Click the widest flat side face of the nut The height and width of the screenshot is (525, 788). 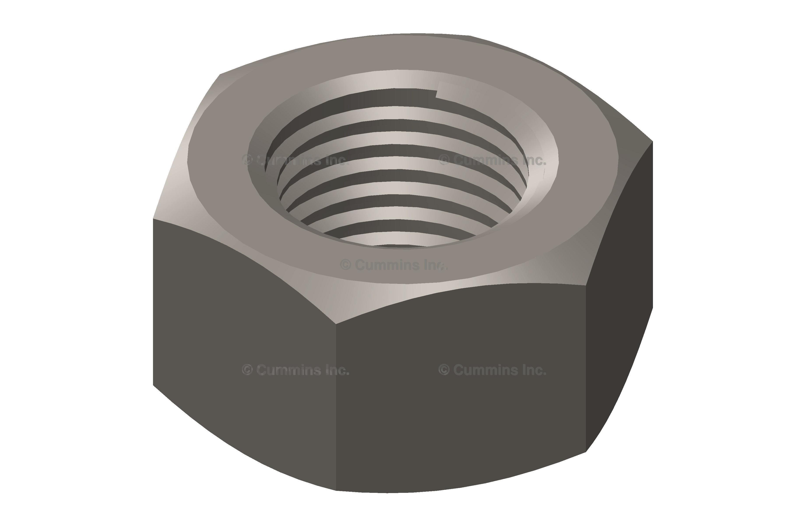(x=461, y=388)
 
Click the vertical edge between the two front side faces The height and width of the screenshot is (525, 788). (x=336, y=407)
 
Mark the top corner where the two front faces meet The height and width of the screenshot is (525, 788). (x=336, y=324)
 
